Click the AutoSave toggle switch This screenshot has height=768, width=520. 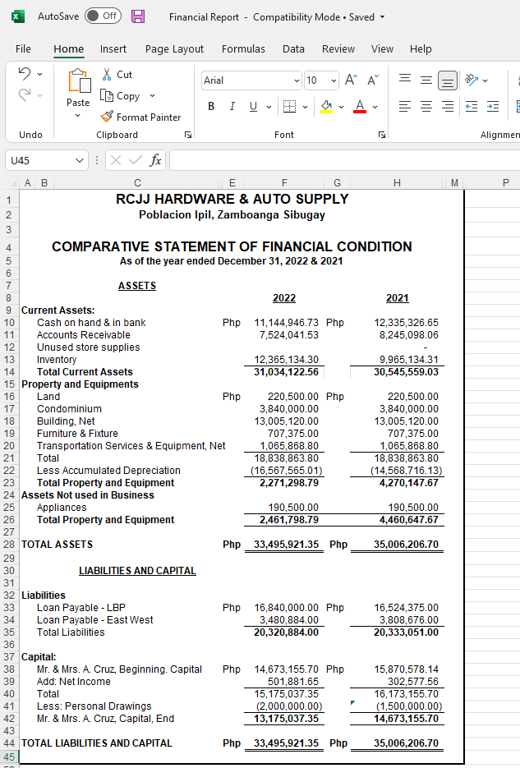[103, 16]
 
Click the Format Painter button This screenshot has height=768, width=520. [140, 117]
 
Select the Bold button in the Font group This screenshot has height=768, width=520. [211, 106]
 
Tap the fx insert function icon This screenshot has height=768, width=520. [154, 160]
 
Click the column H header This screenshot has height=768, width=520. [397, 182]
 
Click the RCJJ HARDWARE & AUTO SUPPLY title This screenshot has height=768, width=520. [232, 199]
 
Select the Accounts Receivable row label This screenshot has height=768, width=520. [83, 335]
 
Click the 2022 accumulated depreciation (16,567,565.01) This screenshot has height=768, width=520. [286, 471]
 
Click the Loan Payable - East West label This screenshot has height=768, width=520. [95, 620]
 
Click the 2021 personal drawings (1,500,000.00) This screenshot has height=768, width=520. [408, 706]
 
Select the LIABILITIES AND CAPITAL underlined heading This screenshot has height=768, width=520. [137, 571]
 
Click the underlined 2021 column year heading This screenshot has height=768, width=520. [397, 298]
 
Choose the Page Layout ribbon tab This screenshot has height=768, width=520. [174, 49]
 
